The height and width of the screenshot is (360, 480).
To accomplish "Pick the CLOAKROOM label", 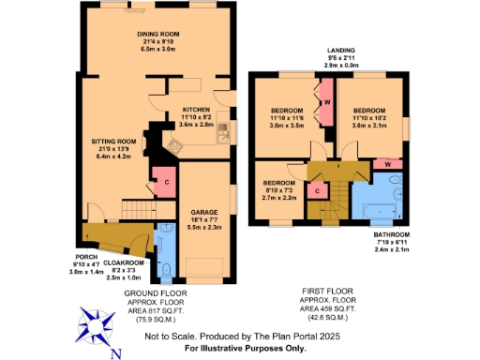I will [x=123, y=263].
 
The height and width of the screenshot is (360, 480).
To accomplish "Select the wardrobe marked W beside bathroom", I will [x=387, y=162].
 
